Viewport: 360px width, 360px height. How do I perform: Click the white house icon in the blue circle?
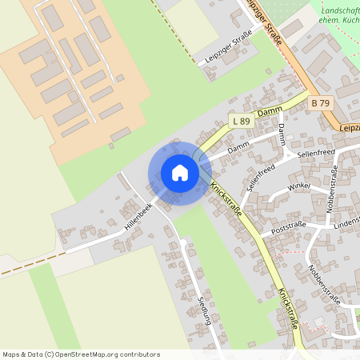(180, 173)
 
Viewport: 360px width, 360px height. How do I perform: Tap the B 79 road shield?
(320, 103)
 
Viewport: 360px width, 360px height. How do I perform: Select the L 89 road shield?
(240, 121)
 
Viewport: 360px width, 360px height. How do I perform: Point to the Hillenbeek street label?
(138, 216)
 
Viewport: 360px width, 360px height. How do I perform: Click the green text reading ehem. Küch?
(338, 22)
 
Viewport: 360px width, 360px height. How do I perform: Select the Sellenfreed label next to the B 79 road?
(315, 152)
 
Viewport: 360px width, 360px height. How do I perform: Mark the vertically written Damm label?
(282, 134)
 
